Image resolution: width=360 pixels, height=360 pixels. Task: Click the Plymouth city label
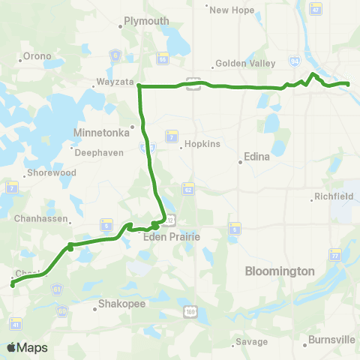[146, 21]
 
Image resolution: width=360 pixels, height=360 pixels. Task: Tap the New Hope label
[229, 10]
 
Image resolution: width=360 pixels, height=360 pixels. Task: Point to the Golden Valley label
[241, 64]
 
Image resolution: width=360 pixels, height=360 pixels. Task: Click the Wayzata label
[115, 82]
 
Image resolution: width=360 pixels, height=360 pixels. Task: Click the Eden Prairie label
[169, 236]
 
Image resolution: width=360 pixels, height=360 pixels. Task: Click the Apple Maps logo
[27, 347]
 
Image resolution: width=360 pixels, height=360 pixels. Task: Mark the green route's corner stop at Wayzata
[139, 86]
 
